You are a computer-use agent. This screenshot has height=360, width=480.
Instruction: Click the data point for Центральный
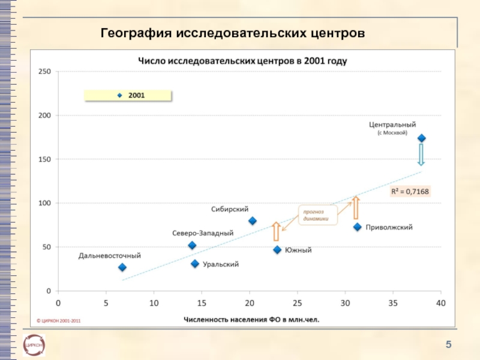point(421,138)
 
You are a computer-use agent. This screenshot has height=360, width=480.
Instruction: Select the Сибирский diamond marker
point(252,221)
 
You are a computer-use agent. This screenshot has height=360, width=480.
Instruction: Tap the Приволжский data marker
point(357,227)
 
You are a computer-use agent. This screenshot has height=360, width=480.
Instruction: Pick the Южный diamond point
point(277,250)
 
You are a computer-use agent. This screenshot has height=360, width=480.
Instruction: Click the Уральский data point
point(194,264)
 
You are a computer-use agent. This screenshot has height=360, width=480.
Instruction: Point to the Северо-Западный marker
point(192,245)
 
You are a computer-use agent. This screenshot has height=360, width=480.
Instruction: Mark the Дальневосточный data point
point(122,267)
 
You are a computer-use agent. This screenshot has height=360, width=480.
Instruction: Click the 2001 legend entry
point(127,95)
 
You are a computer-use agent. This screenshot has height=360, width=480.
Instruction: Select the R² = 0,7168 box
point(410,191)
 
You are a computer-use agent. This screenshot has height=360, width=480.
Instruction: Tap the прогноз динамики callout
point(317,214)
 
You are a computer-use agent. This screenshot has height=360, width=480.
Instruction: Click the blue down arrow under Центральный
point(421,154)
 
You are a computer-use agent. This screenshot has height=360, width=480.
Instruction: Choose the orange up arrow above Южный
point(276,231)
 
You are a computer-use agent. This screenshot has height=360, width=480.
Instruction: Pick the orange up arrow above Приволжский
point(355,207)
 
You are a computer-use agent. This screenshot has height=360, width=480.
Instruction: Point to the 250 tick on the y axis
point(46,71)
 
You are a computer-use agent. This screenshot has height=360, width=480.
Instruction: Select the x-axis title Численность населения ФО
point(251,320)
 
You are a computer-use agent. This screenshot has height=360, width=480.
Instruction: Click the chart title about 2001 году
point(243,61)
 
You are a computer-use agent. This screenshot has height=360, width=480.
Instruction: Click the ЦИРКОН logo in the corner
point(34,345)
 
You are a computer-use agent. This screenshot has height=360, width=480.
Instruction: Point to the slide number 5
point(448,344)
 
